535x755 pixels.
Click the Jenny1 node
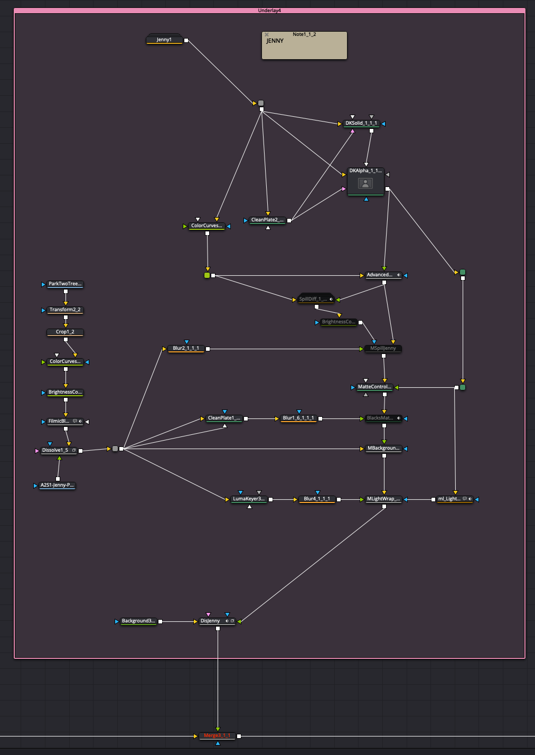pyautogui.click(x=164, y=40)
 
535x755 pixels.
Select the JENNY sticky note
pyautogui.click(x=304, y=46)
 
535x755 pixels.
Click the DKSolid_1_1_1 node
pyautogui.click(x=361, y=124)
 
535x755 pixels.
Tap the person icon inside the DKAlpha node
pyautogui.click(x=365, y=183)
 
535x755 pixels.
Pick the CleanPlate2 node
pyautogui.click(x=267, y=220)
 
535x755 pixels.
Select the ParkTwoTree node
pyautogui.click(x=65, y=284)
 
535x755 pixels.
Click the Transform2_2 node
pyautogui.click(x=65, y=310)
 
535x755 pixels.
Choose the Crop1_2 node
pyautogui.click(x=65, y=332)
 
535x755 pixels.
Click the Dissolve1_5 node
pyautogui.click(x=55, y=451)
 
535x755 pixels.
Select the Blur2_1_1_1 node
pyautogui.click(x=186, y=349)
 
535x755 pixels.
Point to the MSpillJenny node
pyautogui.click(x=383, y=349)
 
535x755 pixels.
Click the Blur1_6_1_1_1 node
pyautogui.click(x=298, y=418)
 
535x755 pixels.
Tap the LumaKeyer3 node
pyautogui.click(x=249, y=499)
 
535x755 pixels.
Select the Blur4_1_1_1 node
pyautogui.click(x=317, y=499)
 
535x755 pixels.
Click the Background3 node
pyautogui.click(x=138, y=621)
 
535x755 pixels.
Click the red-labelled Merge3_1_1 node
pyautogui.click(x=217, y=736)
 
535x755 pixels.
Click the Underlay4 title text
pyautogui.click(x=269, y=11)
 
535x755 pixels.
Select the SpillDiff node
pyautogui.click(x=313, y=300)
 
